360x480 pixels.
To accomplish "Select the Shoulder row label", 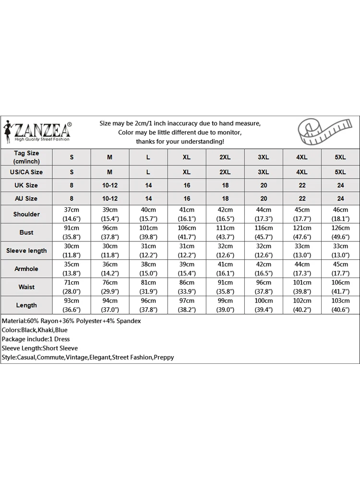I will click(x=26, y=214).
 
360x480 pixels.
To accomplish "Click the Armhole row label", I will click(x=26, y=269).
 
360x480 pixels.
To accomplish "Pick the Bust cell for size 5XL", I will click(x=341, y=232).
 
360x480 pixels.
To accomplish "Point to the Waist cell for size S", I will click(x=72, y=287).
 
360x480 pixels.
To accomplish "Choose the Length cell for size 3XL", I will click(x=264, y=305).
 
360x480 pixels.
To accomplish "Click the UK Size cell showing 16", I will click(x=187, y=185).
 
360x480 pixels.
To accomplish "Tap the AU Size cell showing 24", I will click(x=341, y=198).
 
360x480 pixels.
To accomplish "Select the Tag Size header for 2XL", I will click(x=225, y=157).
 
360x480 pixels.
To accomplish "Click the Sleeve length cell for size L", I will click(x=148, y=251).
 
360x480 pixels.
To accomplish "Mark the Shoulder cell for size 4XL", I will click(x=302, y=214).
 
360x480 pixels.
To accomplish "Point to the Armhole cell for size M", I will click(x=110, y=269).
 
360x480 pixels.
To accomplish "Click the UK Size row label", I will click(x=26, y=185).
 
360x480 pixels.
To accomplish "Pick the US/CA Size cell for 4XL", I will click(x=302, y=172).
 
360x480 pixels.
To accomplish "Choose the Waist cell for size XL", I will click(x=187, y=287).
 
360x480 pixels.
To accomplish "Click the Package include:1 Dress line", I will click(x=36, y=339).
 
